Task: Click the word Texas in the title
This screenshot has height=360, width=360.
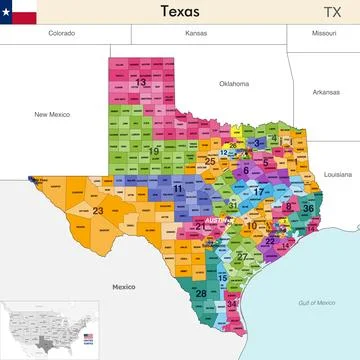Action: tap(179, 12)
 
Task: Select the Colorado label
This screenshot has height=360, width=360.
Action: tap(62, 33)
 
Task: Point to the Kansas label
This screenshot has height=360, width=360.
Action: tap(196, 33)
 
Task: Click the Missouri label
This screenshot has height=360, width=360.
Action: tap(323, 33)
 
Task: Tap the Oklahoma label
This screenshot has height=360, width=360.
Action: tap(234, 83)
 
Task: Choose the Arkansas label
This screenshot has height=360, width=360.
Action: tap(325, 92)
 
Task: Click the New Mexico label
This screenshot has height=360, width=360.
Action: tap(54, 114)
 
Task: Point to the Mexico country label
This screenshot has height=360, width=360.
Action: tap(123, 286)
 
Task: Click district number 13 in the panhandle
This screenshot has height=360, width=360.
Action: tap(141, 82)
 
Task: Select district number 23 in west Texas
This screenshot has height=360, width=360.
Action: tap(97, 211)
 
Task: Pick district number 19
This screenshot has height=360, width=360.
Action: tap(154, 151)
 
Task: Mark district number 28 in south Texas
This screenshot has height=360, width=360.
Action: tap(201, 293)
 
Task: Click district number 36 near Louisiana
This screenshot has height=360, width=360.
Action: tap(308, 208)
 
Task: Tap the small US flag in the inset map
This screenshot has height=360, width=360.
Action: tap(88, 336)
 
